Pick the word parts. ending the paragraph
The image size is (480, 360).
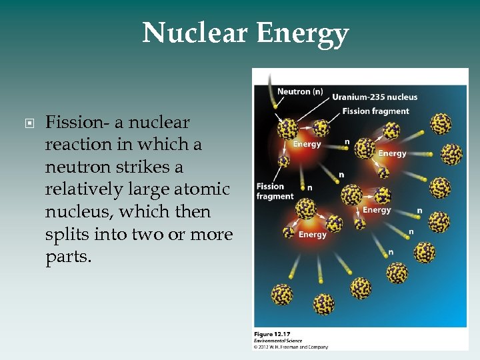(x=68, y=257)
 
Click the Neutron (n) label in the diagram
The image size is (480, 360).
(x=299, y=91)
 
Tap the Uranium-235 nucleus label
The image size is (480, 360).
(x=375, y=97)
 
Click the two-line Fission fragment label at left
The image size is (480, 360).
(x=275, y=191)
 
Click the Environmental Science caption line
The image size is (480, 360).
(x=278, y=340)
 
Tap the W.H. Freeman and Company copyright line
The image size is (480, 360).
(x=291, y=347)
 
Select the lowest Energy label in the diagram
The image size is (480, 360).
(x=312, y=235)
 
